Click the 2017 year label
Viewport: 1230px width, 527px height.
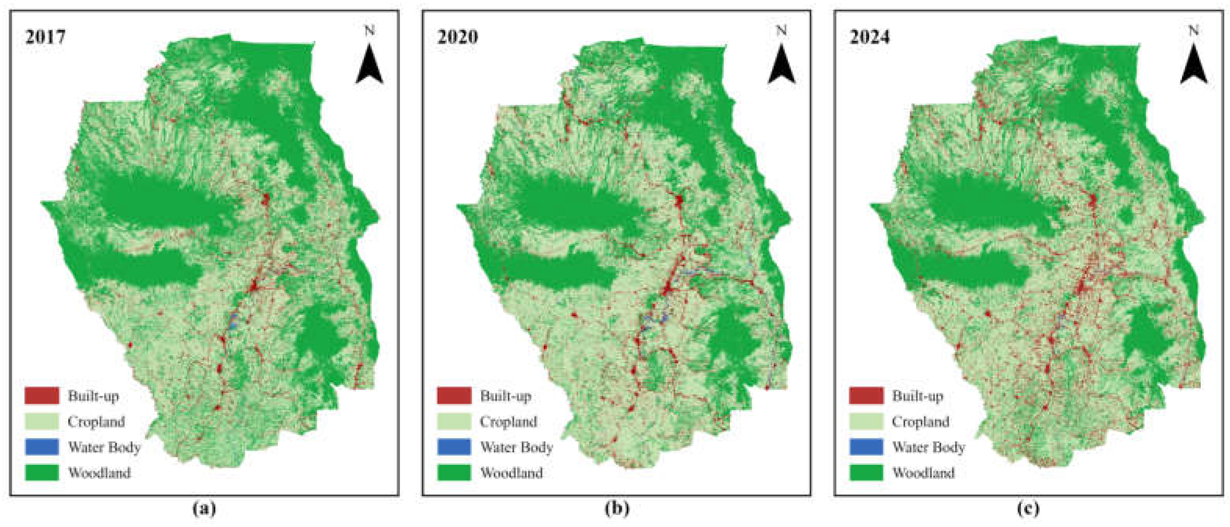tap(45, 37)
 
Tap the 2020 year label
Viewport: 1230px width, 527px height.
tap(457, 37)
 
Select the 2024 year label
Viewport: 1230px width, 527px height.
tap(870, 37)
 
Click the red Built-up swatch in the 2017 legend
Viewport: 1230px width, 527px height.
tap(42, 396)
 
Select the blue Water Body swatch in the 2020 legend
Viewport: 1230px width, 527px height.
tap(454, 447)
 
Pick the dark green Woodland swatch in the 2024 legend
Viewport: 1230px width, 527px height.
tap(866, 473)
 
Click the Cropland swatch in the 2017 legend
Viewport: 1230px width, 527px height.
tap(42, 421)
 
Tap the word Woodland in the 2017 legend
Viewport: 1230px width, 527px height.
tap(99, 473)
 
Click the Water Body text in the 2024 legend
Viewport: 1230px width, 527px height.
tap(929, 447)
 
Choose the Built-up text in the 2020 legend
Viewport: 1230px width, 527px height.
tap(506, 396)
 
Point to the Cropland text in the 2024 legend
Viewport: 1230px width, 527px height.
tap(920, 422)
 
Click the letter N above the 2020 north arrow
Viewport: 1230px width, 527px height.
tap(781, 31)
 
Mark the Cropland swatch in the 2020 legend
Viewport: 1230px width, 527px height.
tap(454, 421)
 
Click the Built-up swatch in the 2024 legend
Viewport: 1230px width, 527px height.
tap(866, 396)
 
